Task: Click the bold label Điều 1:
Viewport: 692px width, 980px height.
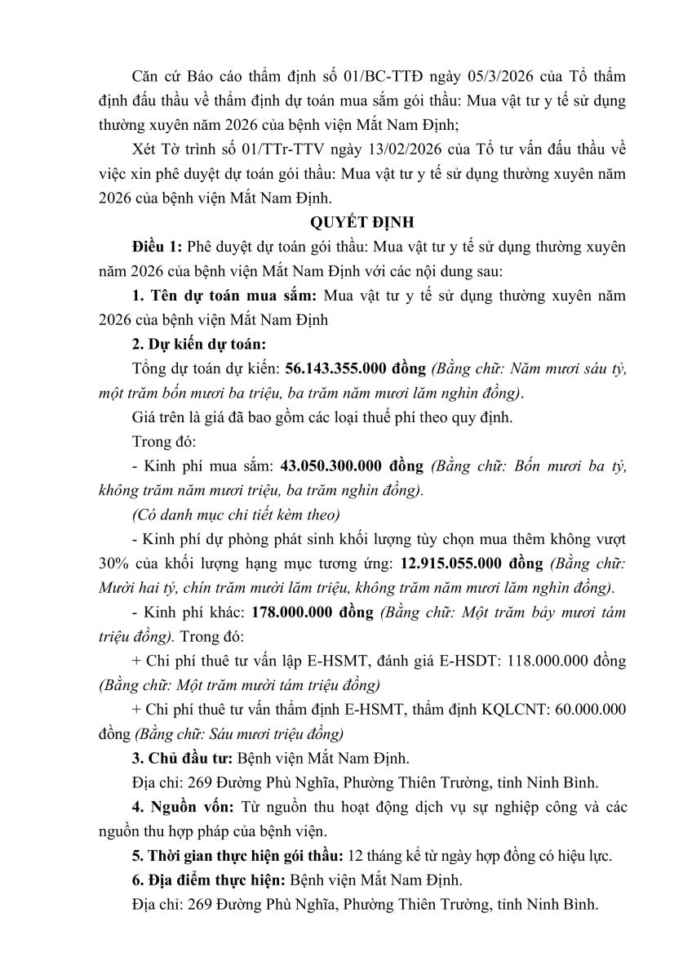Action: (157, 247)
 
